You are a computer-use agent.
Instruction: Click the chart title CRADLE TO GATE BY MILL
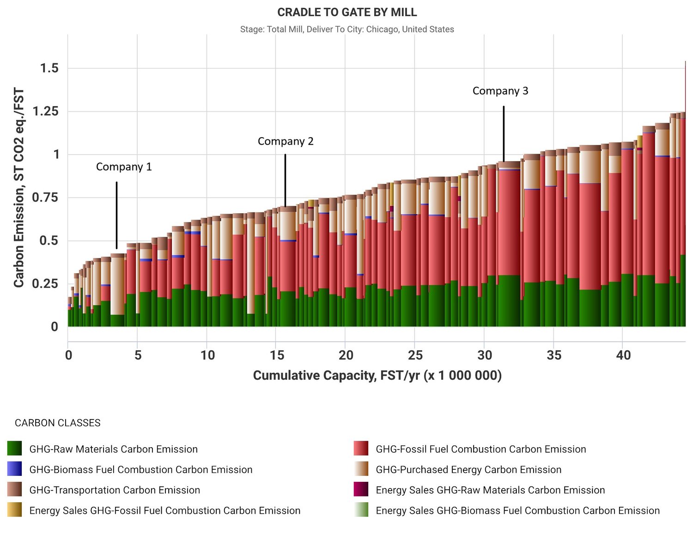pyautogui.click(x=347, y=12)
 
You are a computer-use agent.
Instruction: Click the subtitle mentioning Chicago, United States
pyautogui.click(x=347, y=30)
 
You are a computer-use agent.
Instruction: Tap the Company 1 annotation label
pyautogui.click(x=124, y=167)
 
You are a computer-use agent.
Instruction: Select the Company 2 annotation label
pyautogui.click(x=286, y=142)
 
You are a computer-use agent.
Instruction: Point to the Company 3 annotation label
pyautogui.click(x=500, y=91)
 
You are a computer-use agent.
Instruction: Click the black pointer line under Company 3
pyautogui.click(x=504, y=134)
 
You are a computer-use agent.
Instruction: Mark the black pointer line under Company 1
pyautogui.click(x=116, y=215)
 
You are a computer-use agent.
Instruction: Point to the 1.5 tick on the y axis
pyautogui.click(x=50, y=68)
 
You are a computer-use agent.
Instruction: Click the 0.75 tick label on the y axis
pyautogui.click(x=46, y=198)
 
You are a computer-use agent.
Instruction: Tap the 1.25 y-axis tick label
pyautogui.click(x=46, y=111)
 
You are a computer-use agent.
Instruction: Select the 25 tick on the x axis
pyautogui.click(x=415, y=355)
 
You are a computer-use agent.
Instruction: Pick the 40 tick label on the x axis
pyautogui.click(x=623, y=355)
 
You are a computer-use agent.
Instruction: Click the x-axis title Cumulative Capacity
pyautogui.click(x=377, y=376)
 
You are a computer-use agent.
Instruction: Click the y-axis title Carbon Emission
pyautogui.click(x=18, y=187)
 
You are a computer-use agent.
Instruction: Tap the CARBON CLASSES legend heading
pyautogui.click(x=58, y=423)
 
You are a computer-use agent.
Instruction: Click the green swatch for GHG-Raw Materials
pyautogui.click(x=15, y=449)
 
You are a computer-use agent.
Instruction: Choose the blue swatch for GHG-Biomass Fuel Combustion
pyautogui.click(x=15, y=469)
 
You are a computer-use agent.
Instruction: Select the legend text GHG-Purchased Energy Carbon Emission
pyautogui.click(x=468, y=470)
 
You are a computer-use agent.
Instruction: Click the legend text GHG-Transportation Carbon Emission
pyautogui.click(x=115, y=490)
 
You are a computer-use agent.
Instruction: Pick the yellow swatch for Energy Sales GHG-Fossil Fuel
pyautogui.click(x=15, y=510)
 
